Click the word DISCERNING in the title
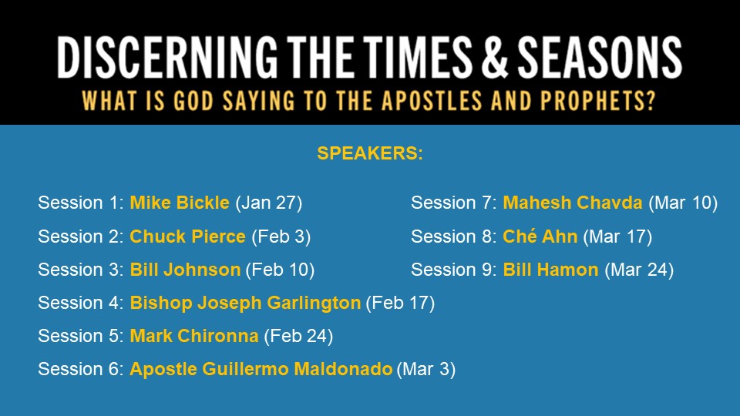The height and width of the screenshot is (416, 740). [x=167, y=57]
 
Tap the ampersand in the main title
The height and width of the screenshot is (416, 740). [x=494, y=57]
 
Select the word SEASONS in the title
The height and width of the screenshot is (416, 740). [x=600, y=57]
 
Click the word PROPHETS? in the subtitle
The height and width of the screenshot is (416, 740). [x=598, y=100]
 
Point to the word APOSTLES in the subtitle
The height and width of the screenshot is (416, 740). [x=432, y=100]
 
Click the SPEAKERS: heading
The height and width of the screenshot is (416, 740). [x=370, y=153]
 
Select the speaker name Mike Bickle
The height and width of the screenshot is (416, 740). [x=180, y=203]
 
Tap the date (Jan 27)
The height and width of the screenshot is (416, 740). [x=268, y=203]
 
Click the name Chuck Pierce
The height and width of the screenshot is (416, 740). [x=187, y=237]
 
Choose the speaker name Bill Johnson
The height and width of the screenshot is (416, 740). [x=185, y=270]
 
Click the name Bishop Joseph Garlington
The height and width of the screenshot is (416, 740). [x=245, y=303]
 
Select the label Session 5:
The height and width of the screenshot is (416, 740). [x=81, y=336]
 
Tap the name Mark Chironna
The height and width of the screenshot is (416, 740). [x=194, y=336]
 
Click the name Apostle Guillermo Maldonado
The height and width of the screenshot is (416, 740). [x=261, y=369]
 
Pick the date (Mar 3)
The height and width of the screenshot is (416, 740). [x=426, y=369]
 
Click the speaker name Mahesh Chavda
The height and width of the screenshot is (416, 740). [x=573, y=203]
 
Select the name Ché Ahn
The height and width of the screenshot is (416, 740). [x=540, y=237]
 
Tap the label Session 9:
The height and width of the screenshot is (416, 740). [x=453, y=270]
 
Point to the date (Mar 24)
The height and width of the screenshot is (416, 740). [x=639, y=270]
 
